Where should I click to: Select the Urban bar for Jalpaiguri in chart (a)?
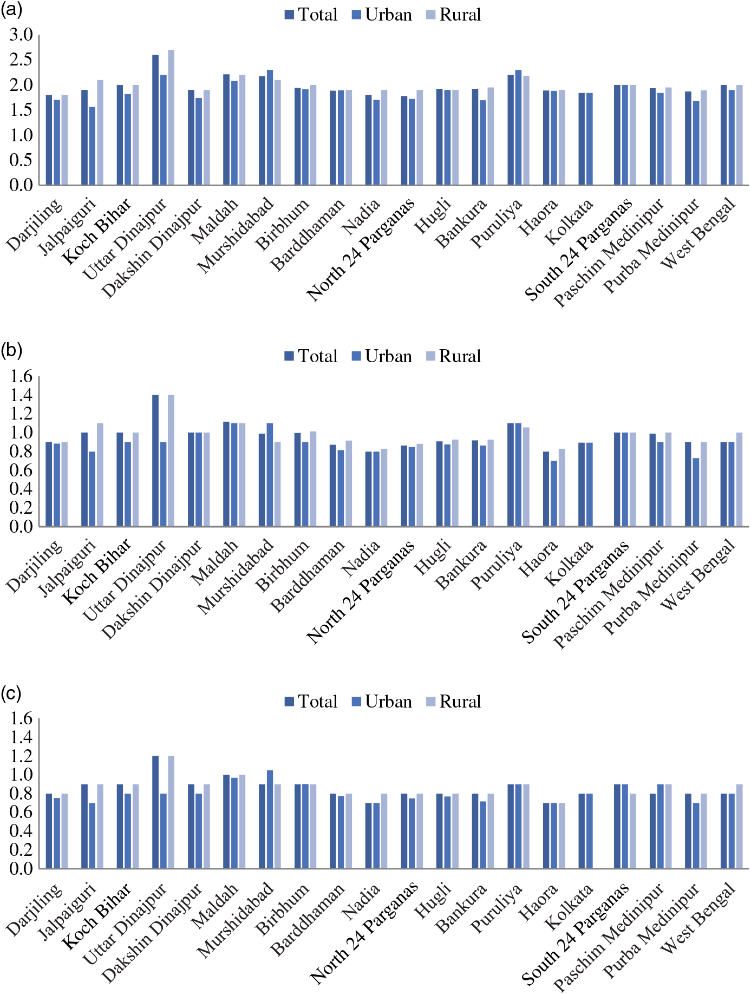pos(93,146)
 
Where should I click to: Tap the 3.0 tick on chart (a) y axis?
pos(21,36)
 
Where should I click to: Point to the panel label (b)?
pos(11,351)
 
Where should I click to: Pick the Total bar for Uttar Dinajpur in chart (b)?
pos(155,460)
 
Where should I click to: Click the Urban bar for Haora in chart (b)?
pos(554,493)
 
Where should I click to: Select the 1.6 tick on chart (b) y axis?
pos(21,377)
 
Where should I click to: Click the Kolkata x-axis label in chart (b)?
pos(569,564)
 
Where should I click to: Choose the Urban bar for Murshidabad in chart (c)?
pos(270,820)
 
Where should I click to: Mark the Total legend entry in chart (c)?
pos(311,702)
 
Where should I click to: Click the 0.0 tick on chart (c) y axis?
pos(21,869)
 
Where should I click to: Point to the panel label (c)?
pos(11,693)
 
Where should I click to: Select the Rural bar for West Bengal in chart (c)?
pos(740,826)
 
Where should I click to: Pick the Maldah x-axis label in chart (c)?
pos(215,907)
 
